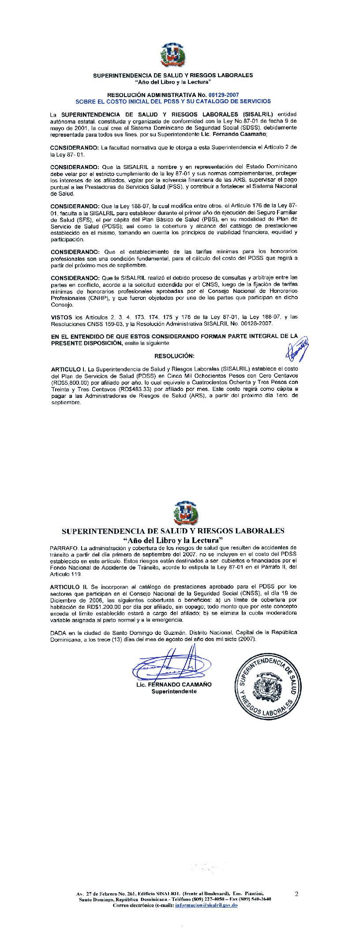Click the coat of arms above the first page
coord(173,56)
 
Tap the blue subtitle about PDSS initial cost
coord(173,101)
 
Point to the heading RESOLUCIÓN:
coord(174,356)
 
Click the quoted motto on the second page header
coord(173,540)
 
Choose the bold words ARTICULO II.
coord(69,587)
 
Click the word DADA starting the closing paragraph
coord(58,632)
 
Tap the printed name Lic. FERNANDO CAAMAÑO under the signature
coord(174,684)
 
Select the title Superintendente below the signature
coord(174,691)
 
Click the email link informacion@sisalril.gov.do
coord(206,905)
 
